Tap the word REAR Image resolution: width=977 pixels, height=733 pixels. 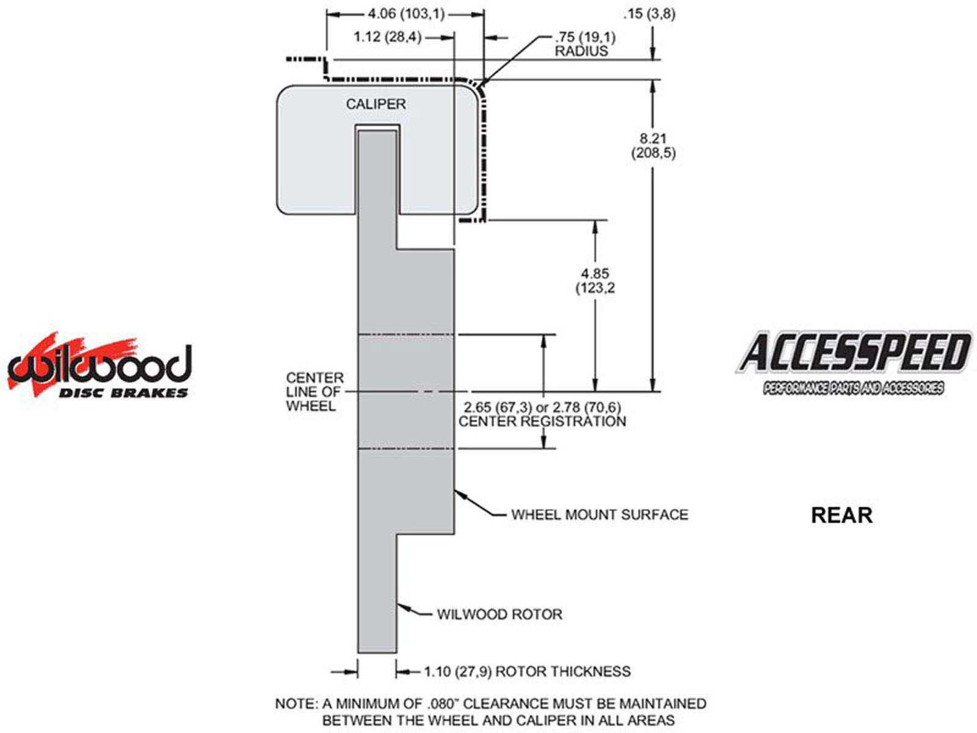pyautogui.click(x=841, y=515)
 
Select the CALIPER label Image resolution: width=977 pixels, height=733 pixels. pyautogui.click(x=376, y=104)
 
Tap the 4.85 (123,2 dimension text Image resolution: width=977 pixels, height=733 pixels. pyautogui.click(x=595, y=280)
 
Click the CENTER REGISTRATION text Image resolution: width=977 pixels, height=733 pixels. pyautogui.click(x=542, y=421)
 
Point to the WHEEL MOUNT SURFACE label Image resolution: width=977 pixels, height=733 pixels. pyautogui.click(x=599, y=515)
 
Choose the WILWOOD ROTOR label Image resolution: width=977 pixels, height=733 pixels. pyautogui.click(x=499, y=614)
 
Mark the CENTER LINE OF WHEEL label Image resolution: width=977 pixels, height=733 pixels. pyautogui.click(x=315, y=392)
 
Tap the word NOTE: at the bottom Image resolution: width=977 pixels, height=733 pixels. pyautogui.click(x=296, y=704)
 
